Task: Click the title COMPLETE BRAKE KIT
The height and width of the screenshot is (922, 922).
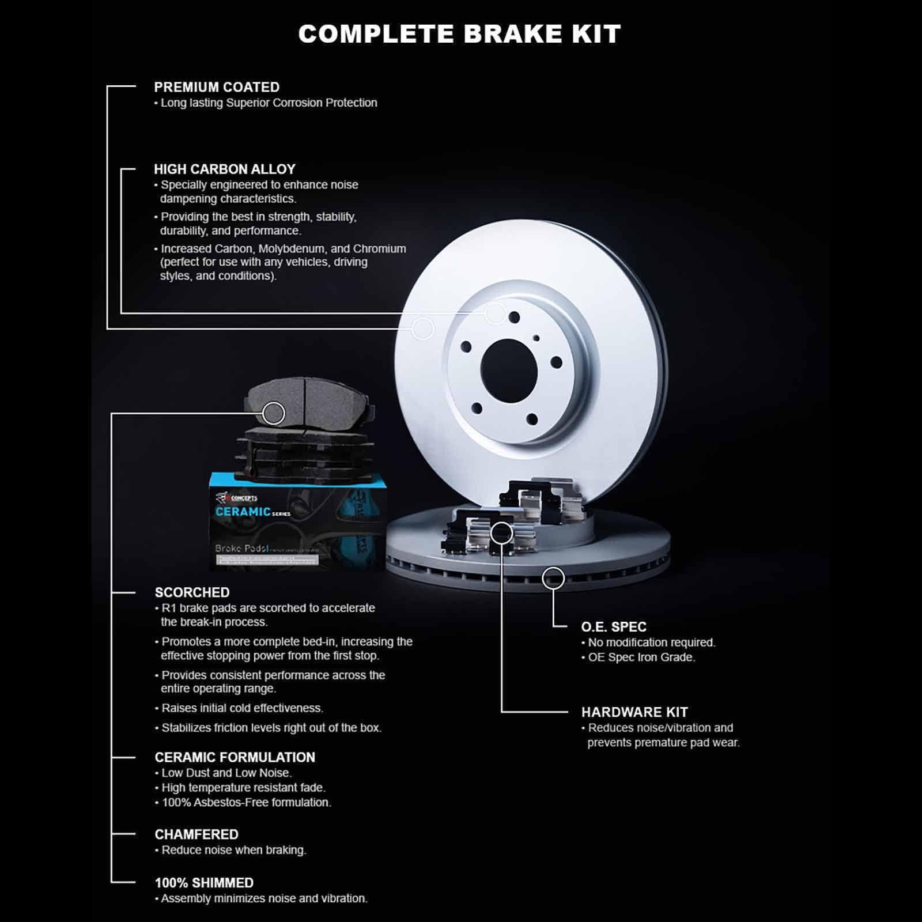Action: [459, 34]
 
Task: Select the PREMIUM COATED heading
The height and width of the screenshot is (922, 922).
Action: [217, 87]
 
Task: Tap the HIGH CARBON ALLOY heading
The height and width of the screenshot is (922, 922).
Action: [225, 169]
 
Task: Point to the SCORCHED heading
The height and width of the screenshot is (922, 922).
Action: [192, 592]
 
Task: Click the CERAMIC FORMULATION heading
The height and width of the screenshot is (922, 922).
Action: [235, 757]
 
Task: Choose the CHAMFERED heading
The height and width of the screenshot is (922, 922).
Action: [197, 834]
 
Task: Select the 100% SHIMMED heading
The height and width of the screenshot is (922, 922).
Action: [204, 883]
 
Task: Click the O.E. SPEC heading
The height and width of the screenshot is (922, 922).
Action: [614, 627]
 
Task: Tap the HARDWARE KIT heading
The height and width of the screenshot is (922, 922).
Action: [634, 712]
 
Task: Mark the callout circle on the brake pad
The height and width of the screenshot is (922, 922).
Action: [273, 413]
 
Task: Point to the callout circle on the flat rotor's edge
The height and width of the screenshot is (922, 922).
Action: [553, 577]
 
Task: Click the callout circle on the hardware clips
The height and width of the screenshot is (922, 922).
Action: [501, 533]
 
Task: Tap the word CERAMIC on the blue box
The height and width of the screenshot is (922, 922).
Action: [243, 512]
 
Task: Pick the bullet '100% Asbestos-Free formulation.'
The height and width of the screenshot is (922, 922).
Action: [246, 802]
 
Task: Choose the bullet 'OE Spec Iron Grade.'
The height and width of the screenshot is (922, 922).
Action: [641, 658]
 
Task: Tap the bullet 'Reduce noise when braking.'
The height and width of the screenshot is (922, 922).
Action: [233, 850]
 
